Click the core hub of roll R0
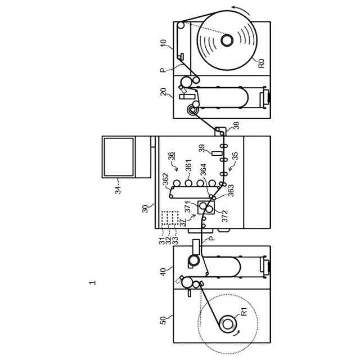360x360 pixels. pyautogui.click(x=227, y=40)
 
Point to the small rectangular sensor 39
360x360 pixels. pyautogui.click(x=214, y=152)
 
